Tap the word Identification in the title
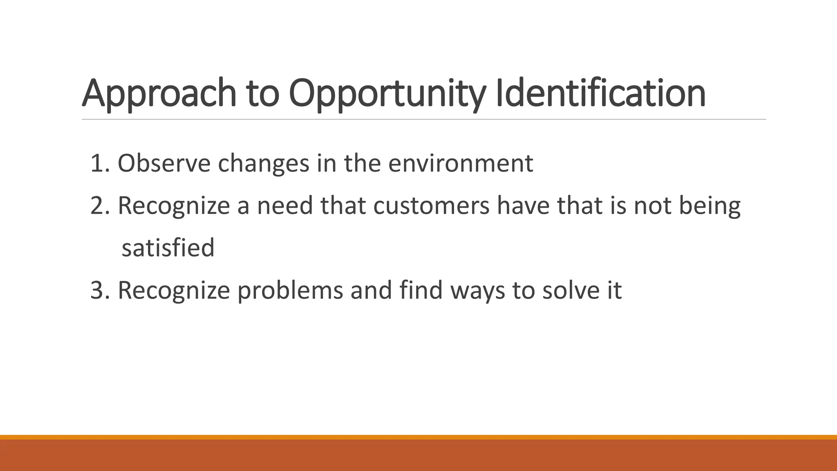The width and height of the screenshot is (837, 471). (x=600, y=93)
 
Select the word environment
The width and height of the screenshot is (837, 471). (x=461, y=163)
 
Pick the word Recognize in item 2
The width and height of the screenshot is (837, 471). (x=174, y=206)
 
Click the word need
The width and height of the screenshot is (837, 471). (x=284, y=206)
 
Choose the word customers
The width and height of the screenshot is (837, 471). (x=431, y=206)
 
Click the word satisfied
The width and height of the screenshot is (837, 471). (x=168, y=248)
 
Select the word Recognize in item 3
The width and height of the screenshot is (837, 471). (x=174, y=290)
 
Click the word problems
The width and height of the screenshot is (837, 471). (x=290, y=290)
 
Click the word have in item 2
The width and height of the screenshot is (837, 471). (x=524, y=206)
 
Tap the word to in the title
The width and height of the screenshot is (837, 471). (x=263, y=93)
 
